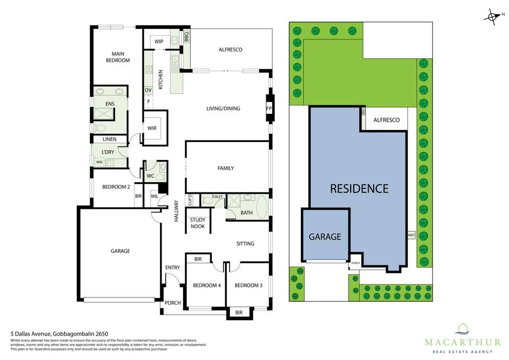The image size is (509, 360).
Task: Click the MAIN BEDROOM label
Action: click(118, 57)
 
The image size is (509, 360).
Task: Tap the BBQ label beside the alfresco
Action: click(187, 37)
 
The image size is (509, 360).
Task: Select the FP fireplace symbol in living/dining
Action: click(269, 108)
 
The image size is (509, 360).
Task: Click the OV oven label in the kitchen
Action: click(148, 90)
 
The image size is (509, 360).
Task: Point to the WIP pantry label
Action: click(159, 41)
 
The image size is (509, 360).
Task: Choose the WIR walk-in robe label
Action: click(152, 128)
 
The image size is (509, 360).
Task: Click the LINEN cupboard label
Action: click(109, 139)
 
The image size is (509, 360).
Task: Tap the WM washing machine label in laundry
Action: click(99, 162)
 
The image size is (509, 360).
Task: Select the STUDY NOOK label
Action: click(197, 223)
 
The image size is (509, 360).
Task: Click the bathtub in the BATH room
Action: click(261, 207)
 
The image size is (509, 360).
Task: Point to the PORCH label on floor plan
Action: click(173, 303)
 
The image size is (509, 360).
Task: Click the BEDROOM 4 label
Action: click(206, 286)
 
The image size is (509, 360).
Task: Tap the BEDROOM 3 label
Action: click(248, 286)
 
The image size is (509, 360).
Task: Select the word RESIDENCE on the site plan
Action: click(359, 188)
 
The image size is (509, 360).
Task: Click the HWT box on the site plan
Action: click(411, 235)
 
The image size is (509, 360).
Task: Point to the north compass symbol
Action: click(492, 17)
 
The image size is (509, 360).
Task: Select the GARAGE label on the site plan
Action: click(325, 237)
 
